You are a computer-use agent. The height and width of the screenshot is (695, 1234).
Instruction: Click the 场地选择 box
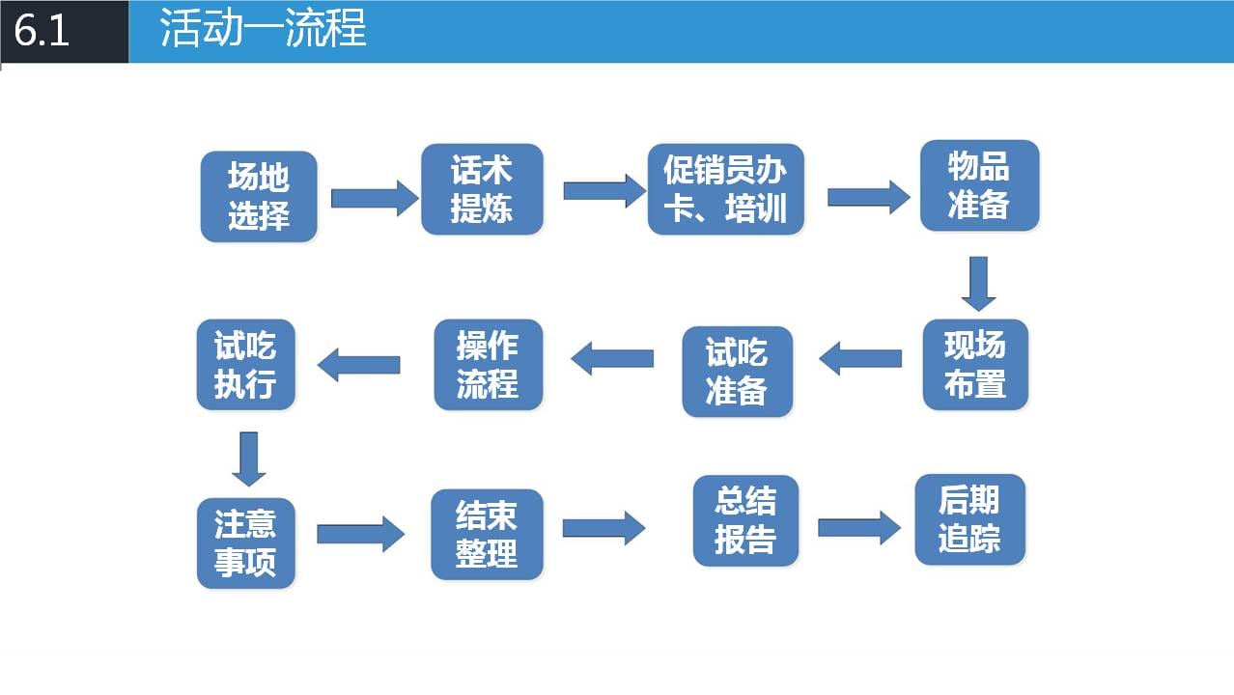(259, 197)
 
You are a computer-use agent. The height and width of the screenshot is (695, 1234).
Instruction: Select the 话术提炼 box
(482, 189)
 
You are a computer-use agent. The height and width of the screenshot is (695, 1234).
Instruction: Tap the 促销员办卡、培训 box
(725, 189)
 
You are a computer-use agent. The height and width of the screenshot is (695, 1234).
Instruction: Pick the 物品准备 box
(979, 185)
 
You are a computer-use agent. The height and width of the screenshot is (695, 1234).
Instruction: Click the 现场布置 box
(975, 365)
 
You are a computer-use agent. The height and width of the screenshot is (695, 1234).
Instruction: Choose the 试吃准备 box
(737, 372)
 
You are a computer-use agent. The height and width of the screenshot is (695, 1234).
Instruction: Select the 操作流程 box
(488, 365)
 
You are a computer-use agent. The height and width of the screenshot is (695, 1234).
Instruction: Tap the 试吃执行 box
(245, 365)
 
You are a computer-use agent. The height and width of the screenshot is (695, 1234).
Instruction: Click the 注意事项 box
(245, 543)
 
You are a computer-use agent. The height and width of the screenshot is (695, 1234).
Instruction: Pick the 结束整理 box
(487, 534)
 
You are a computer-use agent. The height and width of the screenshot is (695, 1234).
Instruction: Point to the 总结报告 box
(746, 521)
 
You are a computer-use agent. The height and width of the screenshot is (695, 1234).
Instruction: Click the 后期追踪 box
(970, 520)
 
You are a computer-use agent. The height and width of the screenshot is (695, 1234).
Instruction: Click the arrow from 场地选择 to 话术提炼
(375, 198)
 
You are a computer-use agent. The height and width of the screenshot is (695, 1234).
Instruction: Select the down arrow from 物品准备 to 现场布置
(978, 284)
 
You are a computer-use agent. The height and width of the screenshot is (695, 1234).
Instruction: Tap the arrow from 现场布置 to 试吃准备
(860, 358)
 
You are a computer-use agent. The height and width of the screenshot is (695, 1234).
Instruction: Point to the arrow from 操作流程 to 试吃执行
(358, 365)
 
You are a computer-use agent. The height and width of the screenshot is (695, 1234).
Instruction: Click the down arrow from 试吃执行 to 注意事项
(249, 459)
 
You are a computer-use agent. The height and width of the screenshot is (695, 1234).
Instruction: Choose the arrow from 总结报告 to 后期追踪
(859, 528)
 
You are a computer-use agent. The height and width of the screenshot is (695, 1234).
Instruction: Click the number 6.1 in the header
(42, 30)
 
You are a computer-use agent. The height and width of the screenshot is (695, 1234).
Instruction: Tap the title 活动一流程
(263, 28)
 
